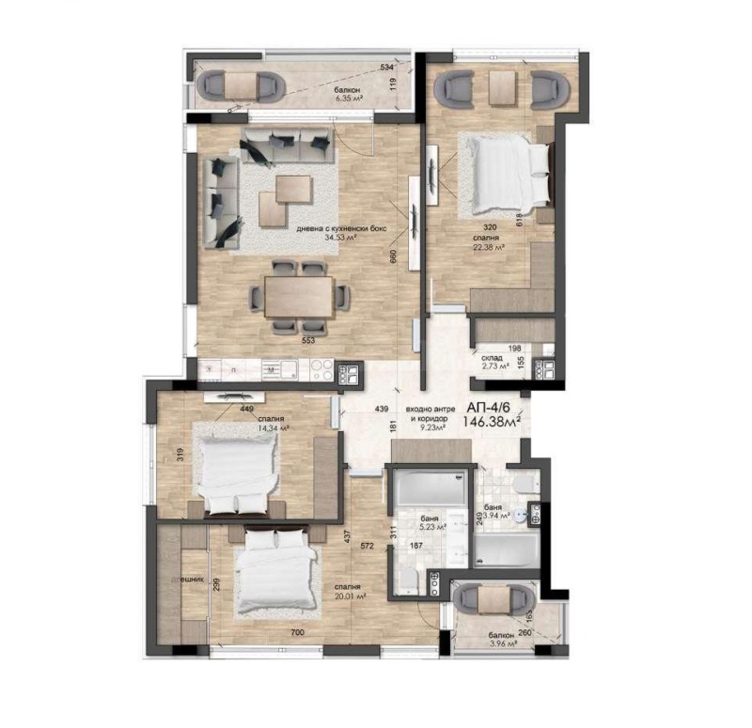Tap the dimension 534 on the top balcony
click(x=386, y=69)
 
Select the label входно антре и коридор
click(x=431, y=415)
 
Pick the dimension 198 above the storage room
click(x=514, y=349)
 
